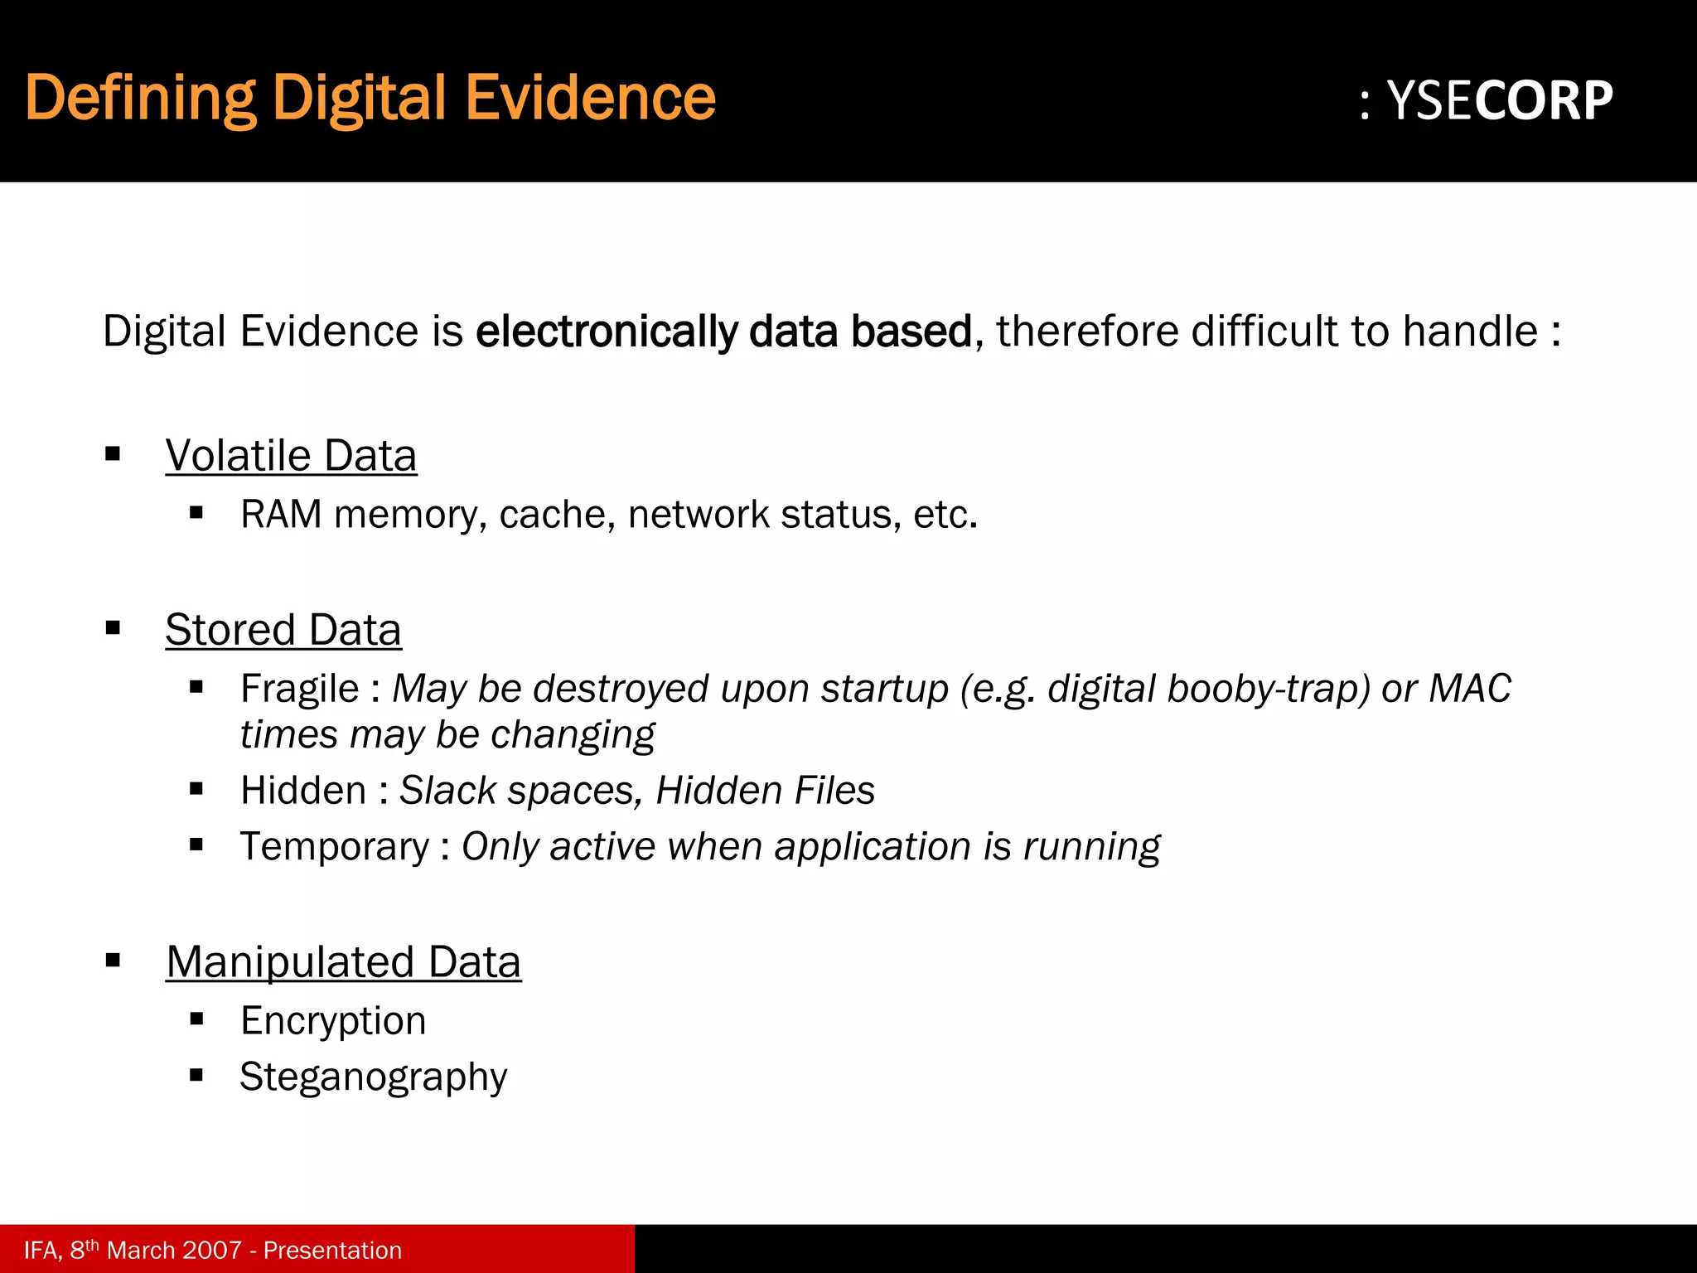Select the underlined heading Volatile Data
point(291,456)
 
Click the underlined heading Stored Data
point(283,630)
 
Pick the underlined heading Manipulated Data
point(343,962)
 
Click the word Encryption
point(333,1020)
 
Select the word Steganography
point(373,1077)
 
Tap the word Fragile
point(299,689)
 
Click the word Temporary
point(335,847)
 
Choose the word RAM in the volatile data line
point(281,515)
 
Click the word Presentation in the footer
point(332,1250)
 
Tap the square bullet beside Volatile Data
point(114,453)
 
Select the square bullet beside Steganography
point(196,1076)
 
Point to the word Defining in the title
point(140,98)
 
